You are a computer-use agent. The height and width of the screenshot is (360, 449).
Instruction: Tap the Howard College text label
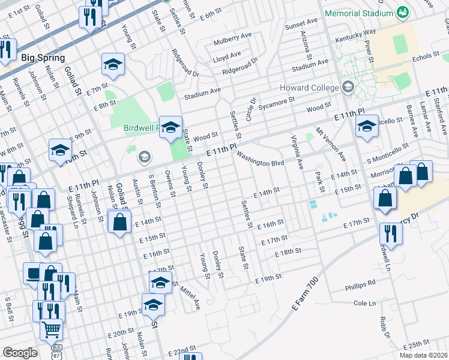309,88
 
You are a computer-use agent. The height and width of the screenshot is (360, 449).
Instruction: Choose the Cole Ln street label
364,304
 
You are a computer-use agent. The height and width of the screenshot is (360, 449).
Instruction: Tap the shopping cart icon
51,329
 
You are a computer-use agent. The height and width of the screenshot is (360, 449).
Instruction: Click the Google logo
20,353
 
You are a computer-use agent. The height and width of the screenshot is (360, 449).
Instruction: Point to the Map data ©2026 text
423,355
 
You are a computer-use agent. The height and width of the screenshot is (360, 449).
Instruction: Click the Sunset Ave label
301,22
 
